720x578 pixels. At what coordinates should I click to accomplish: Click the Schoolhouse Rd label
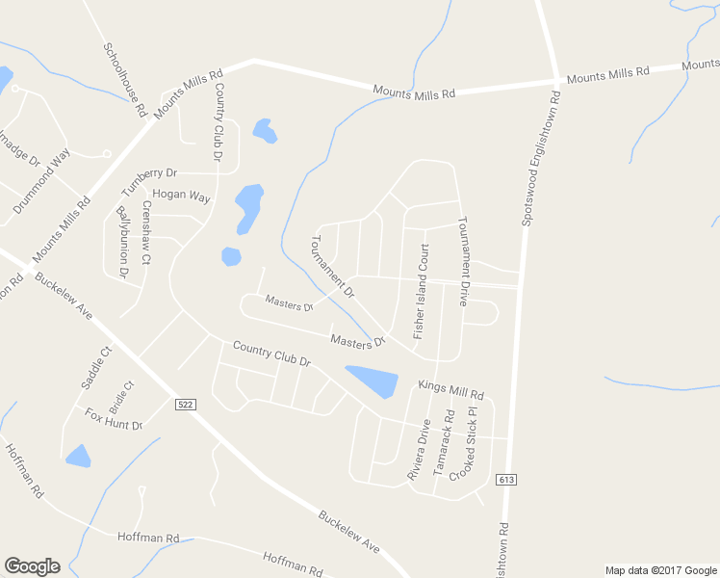(x=124, y=79)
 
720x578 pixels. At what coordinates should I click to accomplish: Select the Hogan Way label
(x=181, y=196)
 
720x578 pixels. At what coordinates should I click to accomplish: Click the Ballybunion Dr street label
(x=122, y=241)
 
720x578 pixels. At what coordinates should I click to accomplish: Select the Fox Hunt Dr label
(x=113, y=419)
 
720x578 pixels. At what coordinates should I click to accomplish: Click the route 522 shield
(x=187, y=405)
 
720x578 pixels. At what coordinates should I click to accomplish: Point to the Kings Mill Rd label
(x=450, y=389)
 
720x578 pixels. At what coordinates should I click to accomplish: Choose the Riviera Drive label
(x=418, y=450)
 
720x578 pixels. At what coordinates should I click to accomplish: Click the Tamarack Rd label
(x=444, y=440)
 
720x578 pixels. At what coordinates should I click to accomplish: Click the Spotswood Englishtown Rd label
(x=541, y=159)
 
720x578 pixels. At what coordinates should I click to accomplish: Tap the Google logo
(x=32, y=566)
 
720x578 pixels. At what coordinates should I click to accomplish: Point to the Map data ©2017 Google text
(x=660, y=570)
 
